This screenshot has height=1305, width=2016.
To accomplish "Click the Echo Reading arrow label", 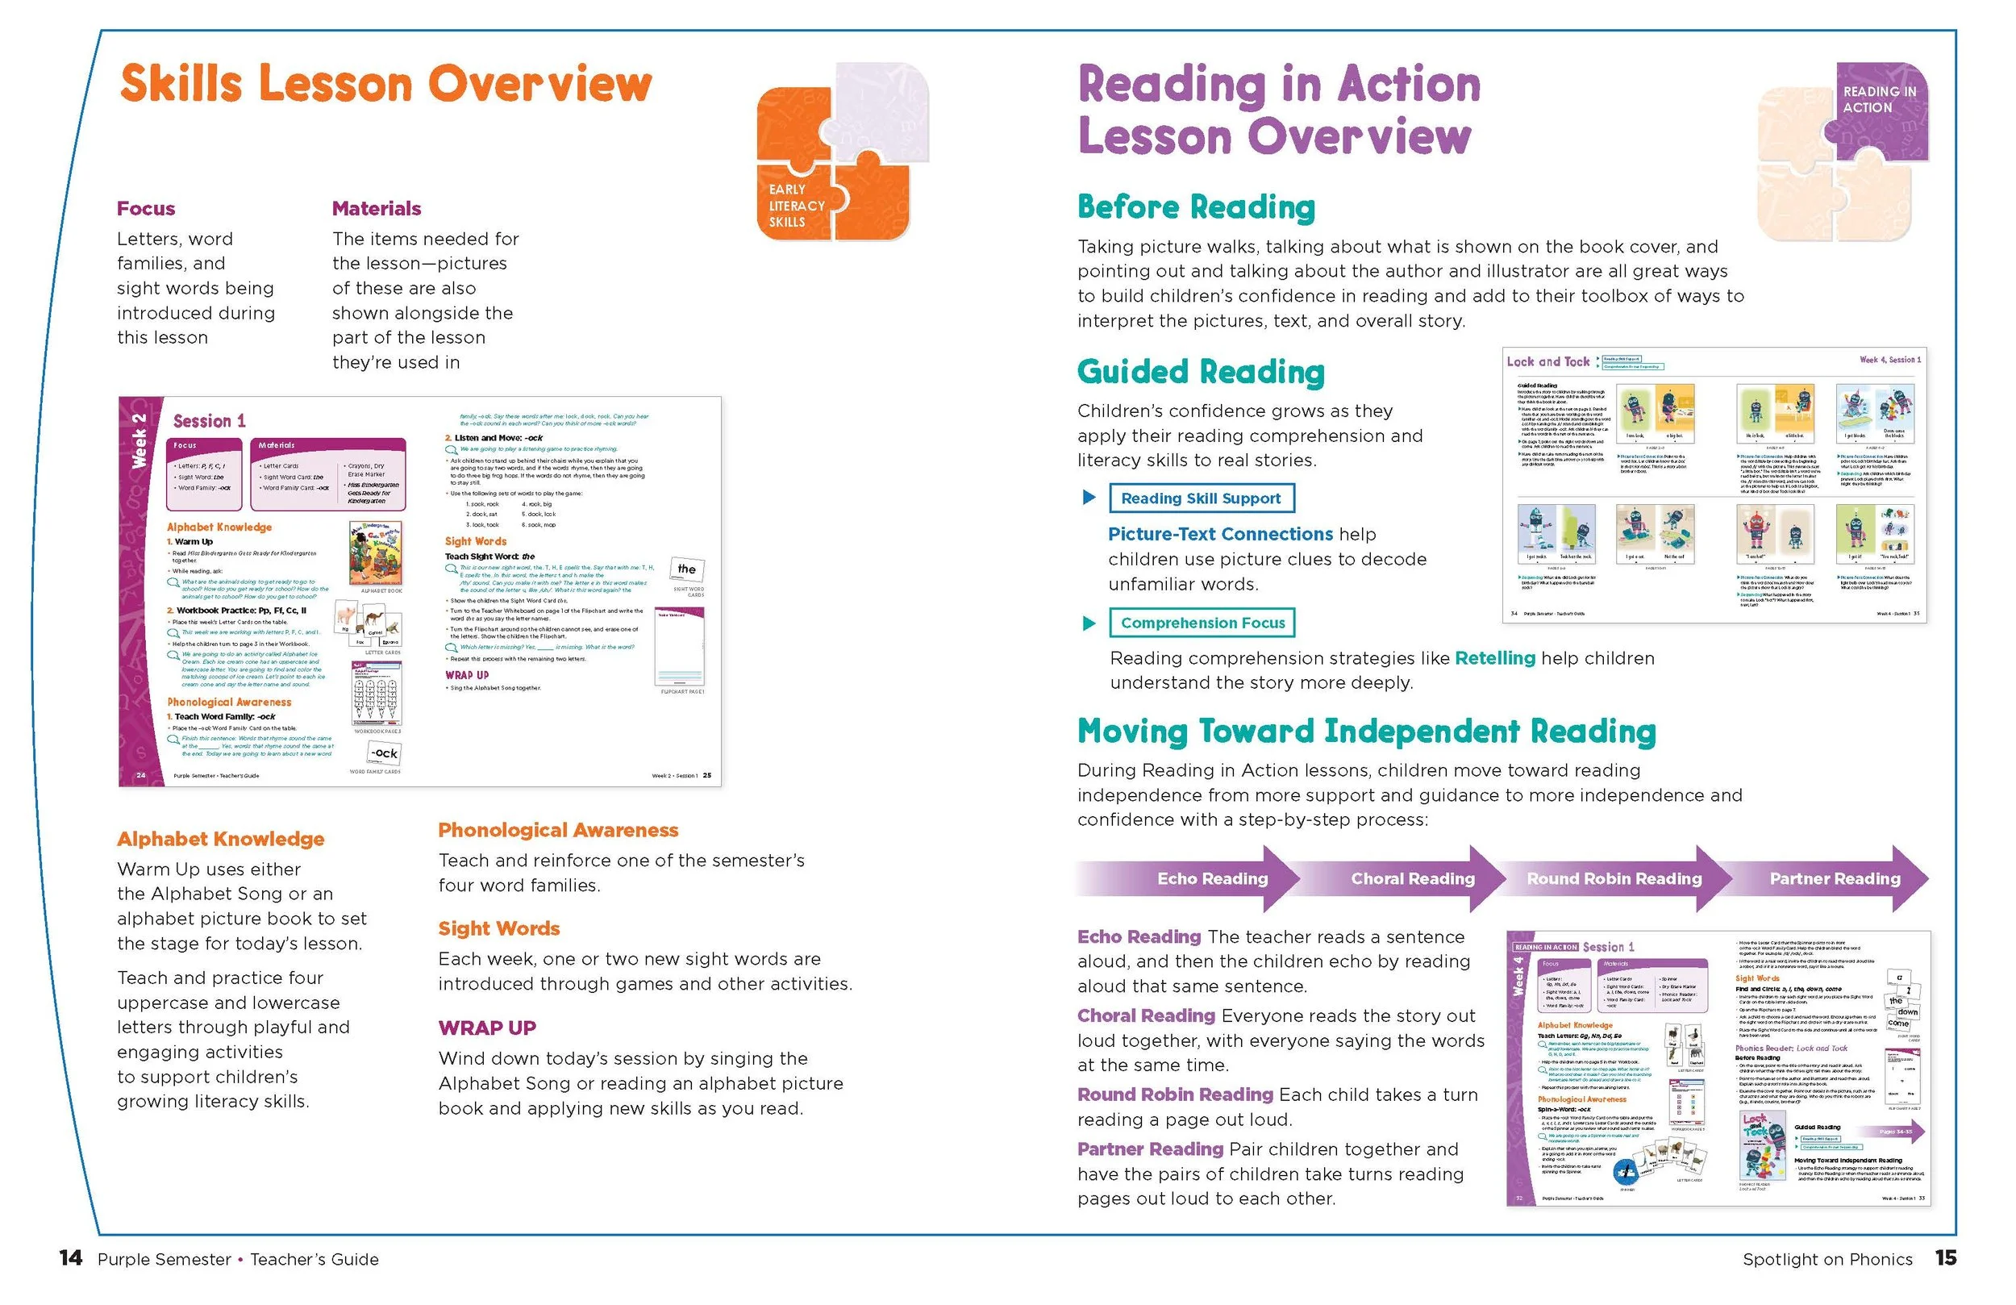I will (x=1212, y=879).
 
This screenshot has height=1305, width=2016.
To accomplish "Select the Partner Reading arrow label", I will (x=1834, y=879).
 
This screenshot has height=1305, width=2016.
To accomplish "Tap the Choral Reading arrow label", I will (x=1412, y=879).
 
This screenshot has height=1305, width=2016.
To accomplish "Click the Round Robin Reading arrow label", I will (x=1614, y=879).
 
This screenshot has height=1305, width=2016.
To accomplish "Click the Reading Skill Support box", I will (x=1201, y=498).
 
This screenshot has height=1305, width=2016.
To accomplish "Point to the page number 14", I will (x=70, y=1258).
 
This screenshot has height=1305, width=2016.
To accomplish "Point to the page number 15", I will (x=1946, y=1258).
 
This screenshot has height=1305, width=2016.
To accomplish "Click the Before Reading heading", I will (x=1196, y=207).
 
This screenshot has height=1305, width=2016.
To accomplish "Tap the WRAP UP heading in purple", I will (x=487, y=1028).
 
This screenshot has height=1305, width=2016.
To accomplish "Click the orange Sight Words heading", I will (x=499, y=929).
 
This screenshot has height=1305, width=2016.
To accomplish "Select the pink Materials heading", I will (x=376, y=208).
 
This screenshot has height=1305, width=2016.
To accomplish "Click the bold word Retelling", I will (x=1494, y=657).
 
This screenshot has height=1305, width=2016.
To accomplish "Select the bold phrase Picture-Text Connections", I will (x=1220, y=534).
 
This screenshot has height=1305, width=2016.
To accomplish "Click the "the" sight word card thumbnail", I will (x=687, y=569).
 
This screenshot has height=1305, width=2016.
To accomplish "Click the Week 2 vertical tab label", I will (x=140, y=440).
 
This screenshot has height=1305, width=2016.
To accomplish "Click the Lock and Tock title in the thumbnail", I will (x=1547, y=362).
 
